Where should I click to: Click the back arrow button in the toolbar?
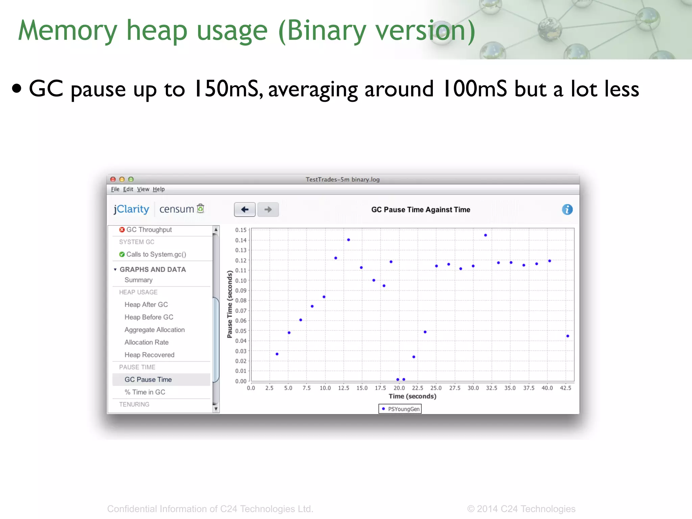tap(245, 209)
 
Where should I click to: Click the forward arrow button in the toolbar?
tap(268, 209)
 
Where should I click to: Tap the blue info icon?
tap(567, 209)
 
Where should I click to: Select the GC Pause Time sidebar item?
tap(148, 379)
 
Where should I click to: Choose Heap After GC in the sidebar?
tap(146, 304)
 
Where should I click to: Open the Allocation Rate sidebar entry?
tap(146, 342)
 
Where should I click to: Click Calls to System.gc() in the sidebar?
tap(156, 254)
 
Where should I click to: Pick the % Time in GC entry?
tap(145, 392)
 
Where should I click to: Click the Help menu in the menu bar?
tap(158, 189)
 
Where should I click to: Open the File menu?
tap(115, 189)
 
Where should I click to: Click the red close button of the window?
tap(113, 179)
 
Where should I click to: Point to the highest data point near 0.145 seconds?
tap(485, 235)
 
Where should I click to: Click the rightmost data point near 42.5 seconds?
tap(568, 336)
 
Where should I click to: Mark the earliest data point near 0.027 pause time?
tap(277, 354)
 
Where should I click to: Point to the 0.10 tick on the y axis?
tap(241, 280)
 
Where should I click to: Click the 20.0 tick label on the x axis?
tap(399, 388)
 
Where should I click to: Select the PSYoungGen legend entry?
tap(400, 409)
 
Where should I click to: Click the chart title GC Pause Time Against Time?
tap(421, 209)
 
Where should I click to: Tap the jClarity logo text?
tap(131, 209)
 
